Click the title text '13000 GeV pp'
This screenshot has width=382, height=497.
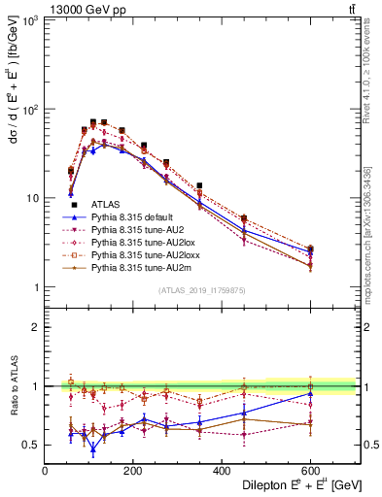78,8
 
